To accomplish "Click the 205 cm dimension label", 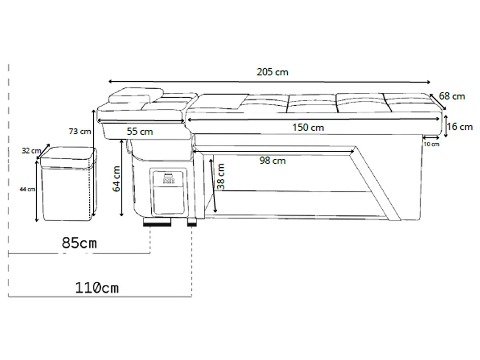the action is (272, 72).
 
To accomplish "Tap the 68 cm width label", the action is (452, 96).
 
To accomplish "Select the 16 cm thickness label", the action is (460, 127).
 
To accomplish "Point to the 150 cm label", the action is (308, 128).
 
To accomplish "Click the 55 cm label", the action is (140, 132).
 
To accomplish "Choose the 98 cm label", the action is (272, 161).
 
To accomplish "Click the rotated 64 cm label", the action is (117, 179).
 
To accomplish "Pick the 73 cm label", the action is (80, 132).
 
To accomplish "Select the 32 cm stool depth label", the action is (31, 151).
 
